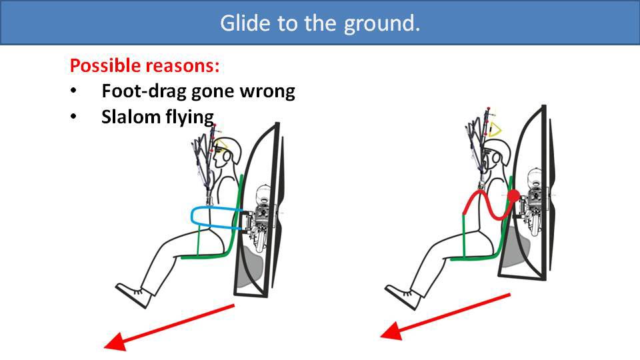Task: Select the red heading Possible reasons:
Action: pyautogui.click(x=145, y=67)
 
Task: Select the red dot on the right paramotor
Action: pyautogui.click(x=513, y=196)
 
